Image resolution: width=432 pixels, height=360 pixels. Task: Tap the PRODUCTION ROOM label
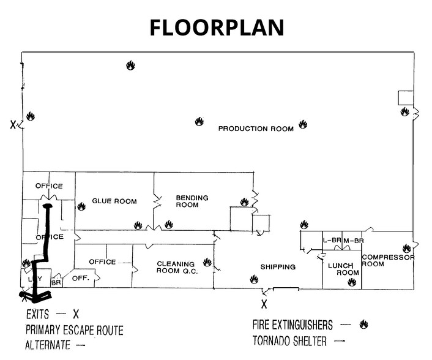[x=256, y=129]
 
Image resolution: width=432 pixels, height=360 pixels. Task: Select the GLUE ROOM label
[x=114, y=201]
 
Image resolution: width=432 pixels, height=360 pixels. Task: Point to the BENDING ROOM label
[x=192, y=201]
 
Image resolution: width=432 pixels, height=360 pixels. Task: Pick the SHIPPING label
[x=278, y=267]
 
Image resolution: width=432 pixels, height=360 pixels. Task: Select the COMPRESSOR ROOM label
[x=389, y=260]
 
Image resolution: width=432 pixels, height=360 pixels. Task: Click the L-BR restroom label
[x=331, y=241]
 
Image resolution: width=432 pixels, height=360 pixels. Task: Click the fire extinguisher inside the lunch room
[x=351, y=282]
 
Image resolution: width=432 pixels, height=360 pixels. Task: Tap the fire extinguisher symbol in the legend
[x=363, y=323]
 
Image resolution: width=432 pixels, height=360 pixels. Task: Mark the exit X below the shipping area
[x=264, y=304]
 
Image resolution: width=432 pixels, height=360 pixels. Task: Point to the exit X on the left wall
[x=13, y=126]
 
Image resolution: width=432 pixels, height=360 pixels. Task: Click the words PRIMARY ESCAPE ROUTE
[x=74, y=331]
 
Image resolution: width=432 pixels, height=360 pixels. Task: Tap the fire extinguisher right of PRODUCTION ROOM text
[x=302, y=124]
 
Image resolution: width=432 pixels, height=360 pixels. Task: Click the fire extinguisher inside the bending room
[x=244, y=201]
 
